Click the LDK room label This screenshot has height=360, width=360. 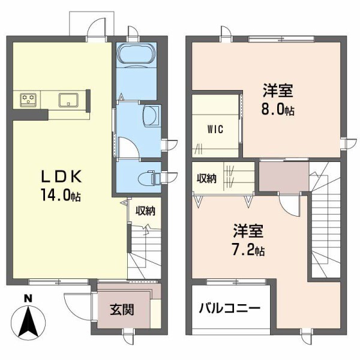pos(60,177)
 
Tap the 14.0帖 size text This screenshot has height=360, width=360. pos(61,195)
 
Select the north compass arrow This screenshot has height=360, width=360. pos(26,322)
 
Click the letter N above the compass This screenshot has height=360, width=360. pos(26,298)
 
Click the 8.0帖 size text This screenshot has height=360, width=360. pos(277,110)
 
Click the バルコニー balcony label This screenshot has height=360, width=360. pos(230,310)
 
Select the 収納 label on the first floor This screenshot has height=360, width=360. pos(145,211)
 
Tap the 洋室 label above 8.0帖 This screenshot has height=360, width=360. pos(277,92)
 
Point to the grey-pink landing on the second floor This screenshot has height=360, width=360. pos(282,178)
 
